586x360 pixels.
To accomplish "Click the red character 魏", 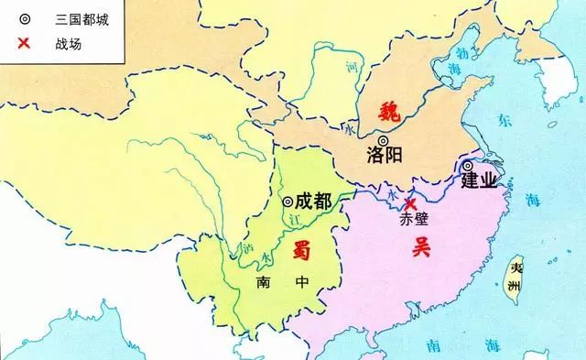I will [x=392, y=113].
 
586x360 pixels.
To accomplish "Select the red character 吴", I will [x=421, y=245].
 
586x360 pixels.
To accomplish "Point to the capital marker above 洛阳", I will [x=383, y=139].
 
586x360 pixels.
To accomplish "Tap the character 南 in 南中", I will [x=263, y=284].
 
